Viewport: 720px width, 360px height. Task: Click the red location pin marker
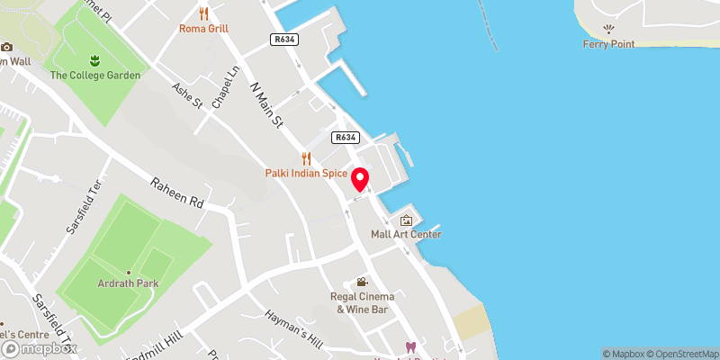(x=360, y=179)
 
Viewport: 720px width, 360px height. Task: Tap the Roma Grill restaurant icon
(x=204, y=13)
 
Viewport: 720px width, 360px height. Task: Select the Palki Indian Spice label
(x=306, y=172)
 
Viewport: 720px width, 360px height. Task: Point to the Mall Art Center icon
(x=405, y=220)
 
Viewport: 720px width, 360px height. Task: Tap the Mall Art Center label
(x=405, y=235)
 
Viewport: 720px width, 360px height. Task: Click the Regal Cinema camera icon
(x=362, y=283)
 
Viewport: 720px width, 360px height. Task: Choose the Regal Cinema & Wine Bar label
(x=362, y=303)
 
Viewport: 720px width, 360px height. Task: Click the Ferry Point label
(x=608, y=44)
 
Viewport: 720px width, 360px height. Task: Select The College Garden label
(x=95, y=76)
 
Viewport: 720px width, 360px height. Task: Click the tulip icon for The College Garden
(x=95, y=60)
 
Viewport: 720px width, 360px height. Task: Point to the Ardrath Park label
(x=130, y=288)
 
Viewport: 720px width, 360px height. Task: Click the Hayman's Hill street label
(x=293, y=329)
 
